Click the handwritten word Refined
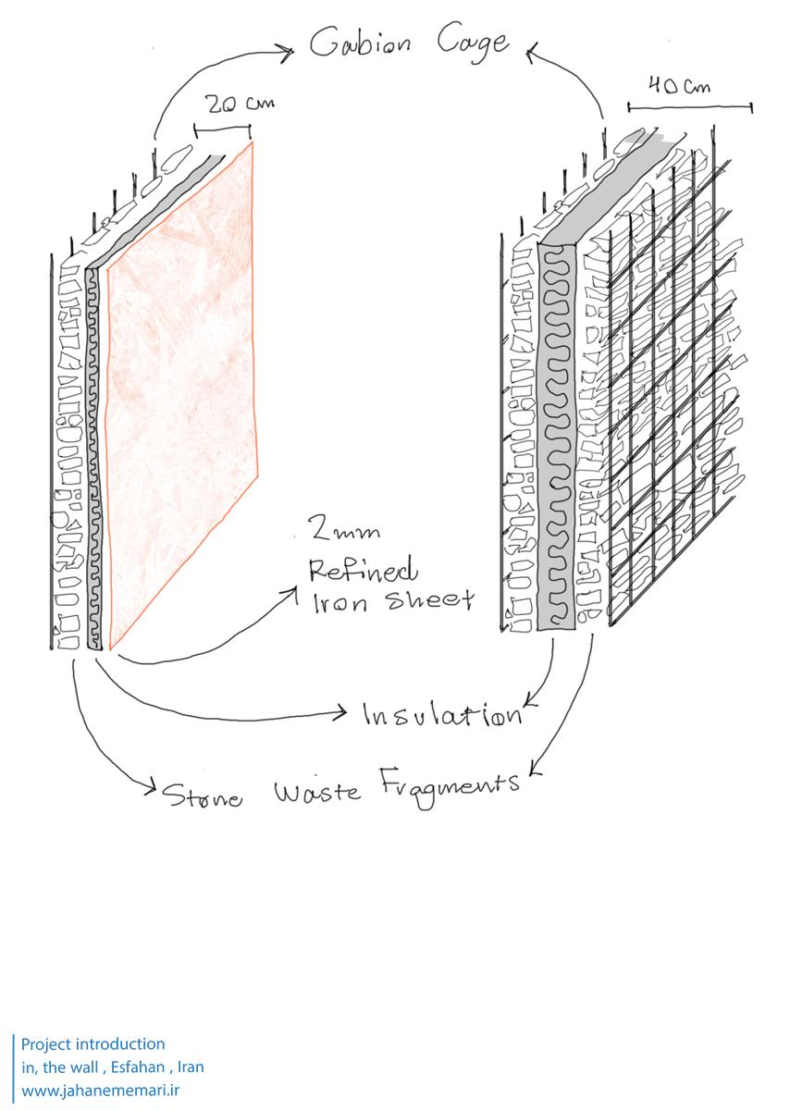(364, 569)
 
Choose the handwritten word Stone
(203, 796)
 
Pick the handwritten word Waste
(316, 793)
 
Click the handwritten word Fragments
(450, 785)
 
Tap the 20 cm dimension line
(223, 128)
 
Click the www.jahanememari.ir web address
(100, 1091)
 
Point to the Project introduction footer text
(93, 1044)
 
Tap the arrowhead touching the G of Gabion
(290, 51)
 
